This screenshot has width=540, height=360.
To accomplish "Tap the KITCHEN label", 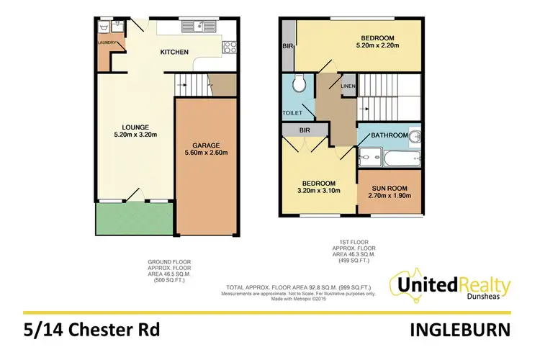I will pyautogui.click(x=174, y=52).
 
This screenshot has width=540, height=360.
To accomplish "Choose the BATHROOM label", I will pyautogui.click(x=390, y=135).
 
